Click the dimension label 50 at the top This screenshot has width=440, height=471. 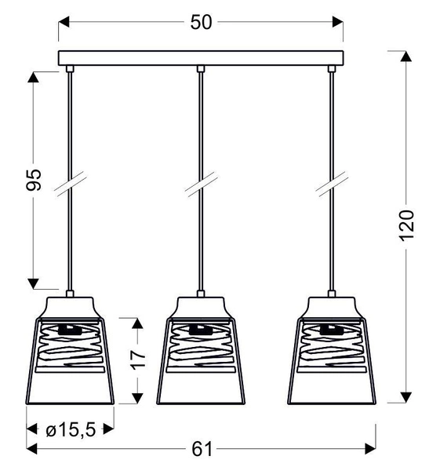pos(202,23)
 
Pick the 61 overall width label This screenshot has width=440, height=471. pos(202,449)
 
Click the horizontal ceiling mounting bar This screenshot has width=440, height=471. pos(202,57)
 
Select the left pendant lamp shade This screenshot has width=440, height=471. pos(71,353)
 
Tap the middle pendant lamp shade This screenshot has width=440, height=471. pos(202,353)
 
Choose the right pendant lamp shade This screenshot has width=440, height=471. pos(333,353)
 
